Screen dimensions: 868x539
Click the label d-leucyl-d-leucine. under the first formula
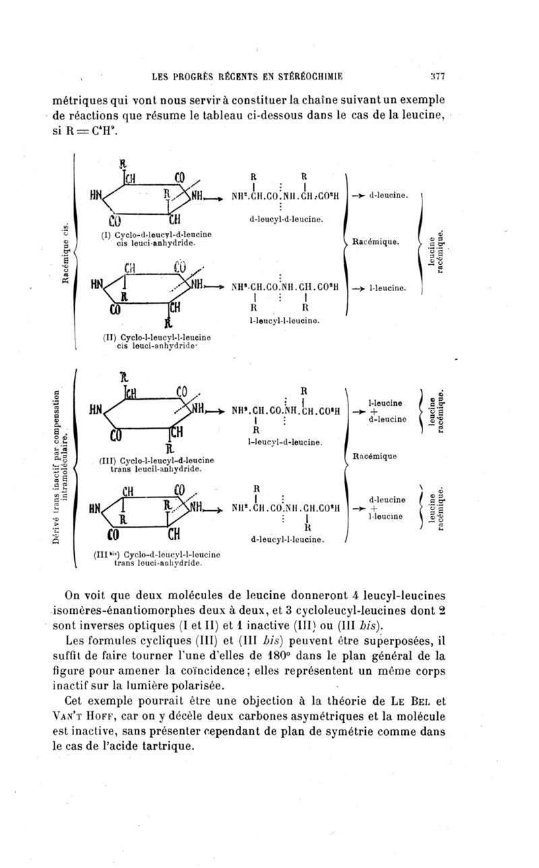(287, 220)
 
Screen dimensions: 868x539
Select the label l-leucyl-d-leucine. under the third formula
(284, 442)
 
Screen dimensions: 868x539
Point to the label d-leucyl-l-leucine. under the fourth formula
(287, 540)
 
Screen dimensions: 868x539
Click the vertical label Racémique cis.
(67, 253)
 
